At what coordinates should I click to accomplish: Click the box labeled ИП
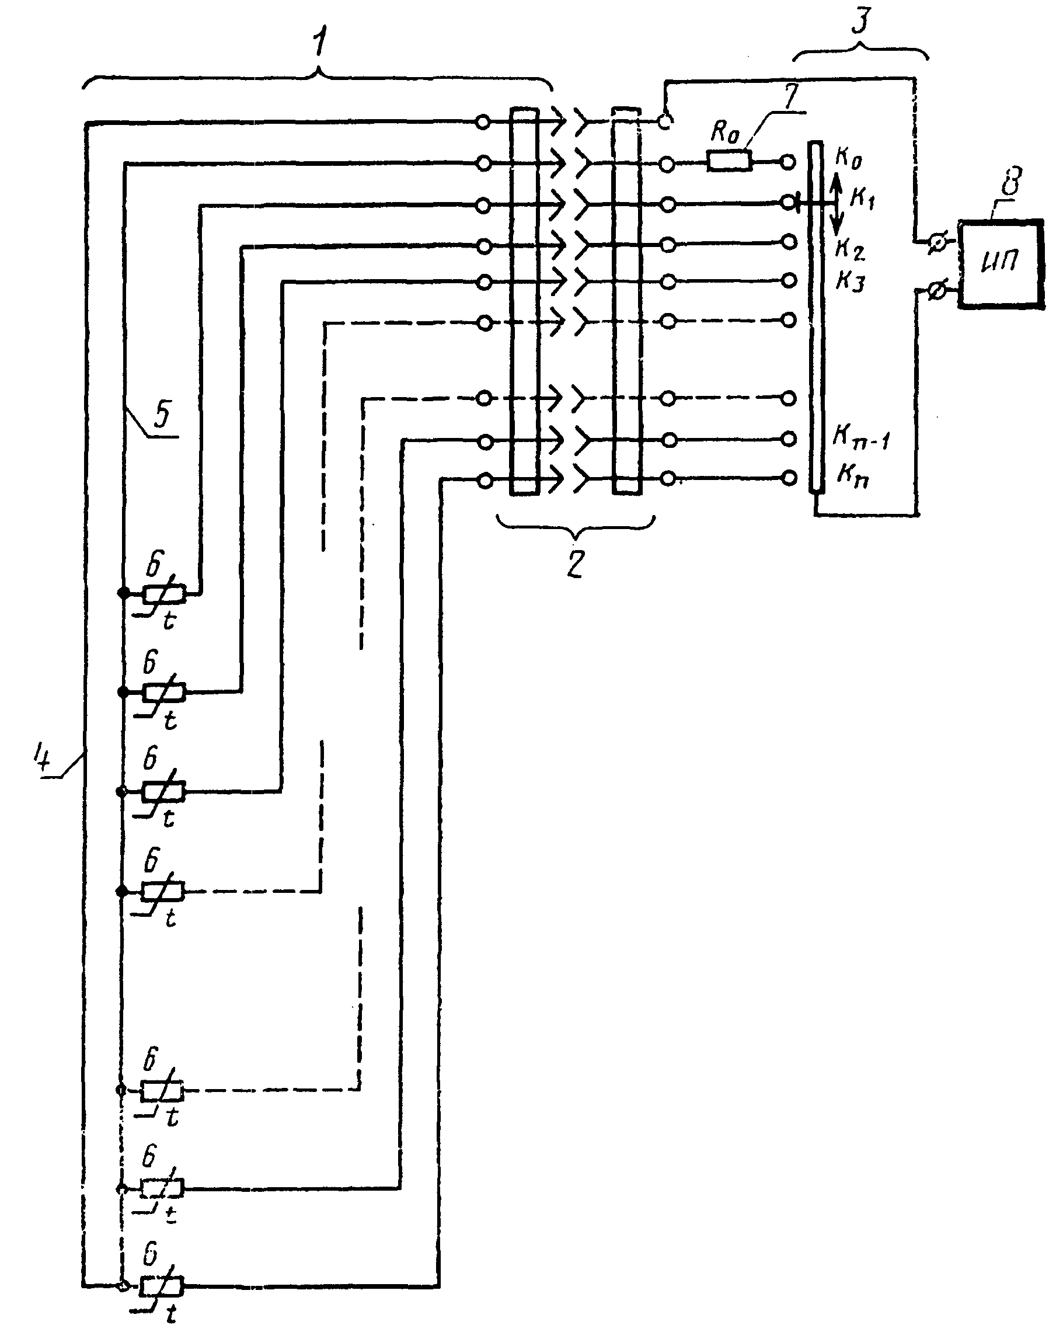[1001, 264]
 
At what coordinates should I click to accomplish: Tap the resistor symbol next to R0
[730, 162]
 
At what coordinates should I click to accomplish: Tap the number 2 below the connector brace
[576, 563]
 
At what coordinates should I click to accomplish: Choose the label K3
[850, 281]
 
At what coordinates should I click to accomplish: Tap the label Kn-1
[861, 436]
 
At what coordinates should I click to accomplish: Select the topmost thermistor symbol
[163, 594]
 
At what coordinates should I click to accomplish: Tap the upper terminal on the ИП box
[936, 244]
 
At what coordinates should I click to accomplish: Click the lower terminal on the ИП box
[936, 290]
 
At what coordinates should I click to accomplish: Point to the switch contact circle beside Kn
[788, 478]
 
